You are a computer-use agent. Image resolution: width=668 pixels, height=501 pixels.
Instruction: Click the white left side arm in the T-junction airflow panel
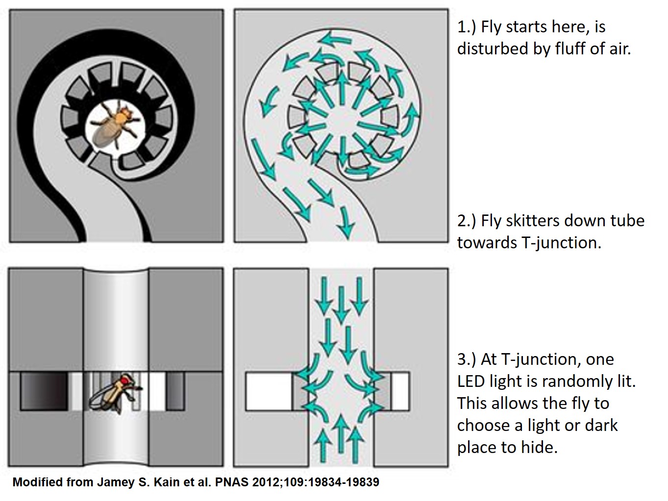pos(269,391)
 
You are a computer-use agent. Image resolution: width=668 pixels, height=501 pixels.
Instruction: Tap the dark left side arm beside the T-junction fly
pos(44,391)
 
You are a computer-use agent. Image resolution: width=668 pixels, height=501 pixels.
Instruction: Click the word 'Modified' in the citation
pos(35,482)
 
